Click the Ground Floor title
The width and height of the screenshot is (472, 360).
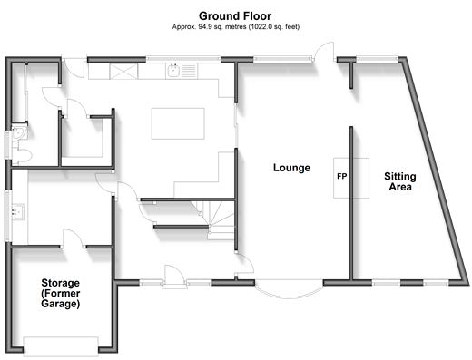click(x=235, y=15)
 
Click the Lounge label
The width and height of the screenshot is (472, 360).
click(x=291, y=168)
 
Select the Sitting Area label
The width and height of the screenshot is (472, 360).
click(x=400, y=181)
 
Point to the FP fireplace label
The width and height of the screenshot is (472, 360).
click(x=342, y=176)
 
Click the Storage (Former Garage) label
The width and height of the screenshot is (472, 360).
click(x=61, y=293)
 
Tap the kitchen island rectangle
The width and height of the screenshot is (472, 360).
click(x=178, y=123)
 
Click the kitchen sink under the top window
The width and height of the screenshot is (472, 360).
click(x=173, y=71)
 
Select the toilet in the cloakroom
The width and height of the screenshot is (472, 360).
click(x=22, y=156)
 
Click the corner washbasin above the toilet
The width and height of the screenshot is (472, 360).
click(x=19, y=133)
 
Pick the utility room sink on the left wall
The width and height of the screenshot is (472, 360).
click(x=18, y=211)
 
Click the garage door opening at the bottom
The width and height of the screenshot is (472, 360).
click(x=61, y=346)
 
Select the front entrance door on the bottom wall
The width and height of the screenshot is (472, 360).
click(x=174, y=276)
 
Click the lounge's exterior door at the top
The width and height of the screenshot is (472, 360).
click(x=324, y=52)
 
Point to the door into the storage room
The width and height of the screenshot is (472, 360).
click(x=73, y=238)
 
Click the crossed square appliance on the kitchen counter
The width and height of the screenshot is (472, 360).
click(x=123, y=72)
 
